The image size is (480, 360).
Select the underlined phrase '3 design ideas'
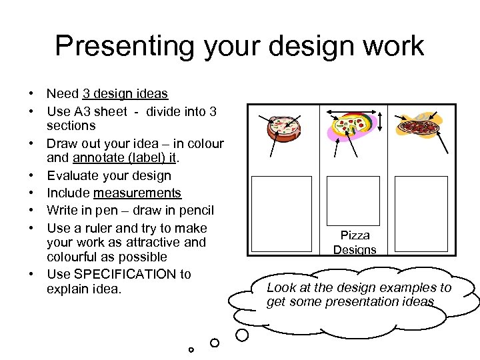(125, 94)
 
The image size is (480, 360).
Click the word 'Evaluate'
(75, 176)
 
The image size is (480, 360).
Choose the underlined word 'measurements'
(137, 193)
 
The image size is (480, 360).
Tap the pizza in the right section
(422, 126)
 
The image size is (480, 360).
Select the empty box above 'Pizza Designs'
(353, 201)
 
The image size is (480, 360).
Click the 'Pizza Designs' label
(355, 243)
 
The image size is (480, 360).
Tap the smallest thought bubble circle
(191, 349)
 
